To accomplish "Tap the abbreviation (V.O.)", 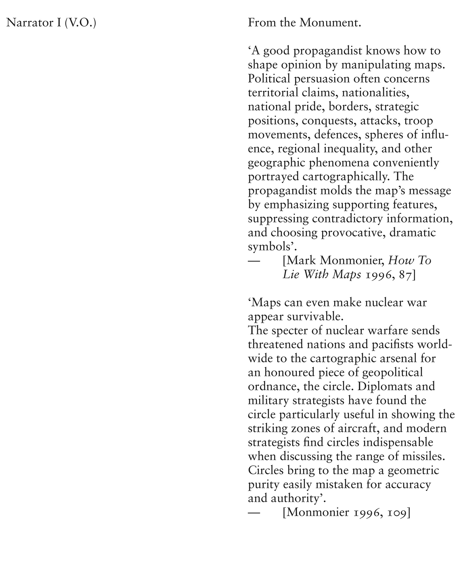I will coord(80,23).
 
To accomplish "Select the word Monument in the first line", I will coord(330,23).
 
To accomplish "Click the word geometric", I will coord(413,471).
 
